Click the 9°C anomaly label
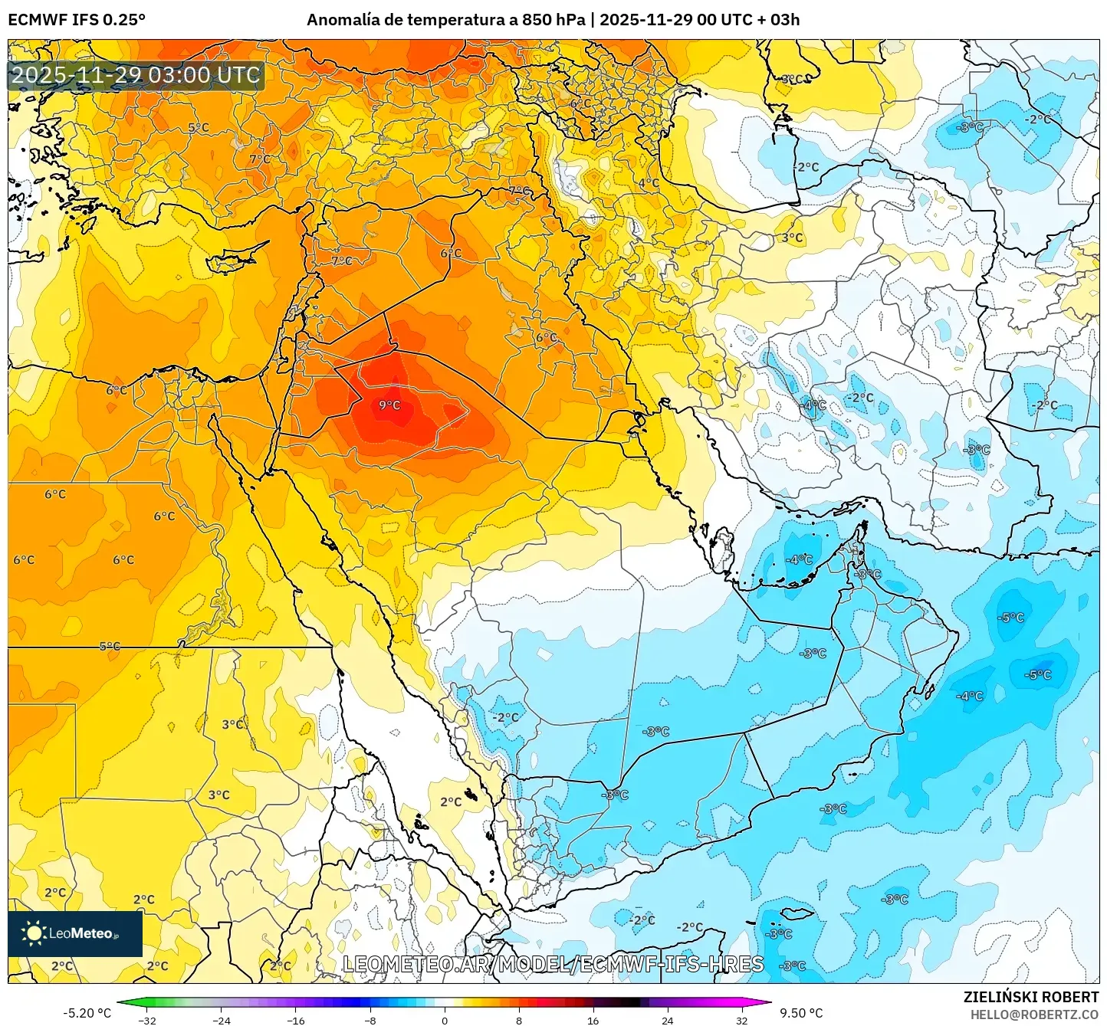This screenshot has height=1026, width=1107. (389, 405)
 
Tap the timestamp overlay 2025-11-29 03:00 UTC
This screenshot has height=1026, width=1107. (136, 75)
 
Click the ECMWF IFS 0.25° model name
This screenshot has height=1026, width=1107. (77, 20)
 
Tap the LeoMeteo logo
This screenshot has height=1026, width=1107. (75, 933)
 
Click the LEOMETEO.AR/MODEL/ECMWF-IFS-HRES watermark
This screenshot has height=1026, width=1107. (553, 964)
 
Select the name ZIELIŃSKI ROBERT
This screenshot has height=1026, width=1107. (1031, 997)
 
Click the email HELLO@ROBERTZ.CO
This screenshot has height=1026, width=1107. (1034, 1015)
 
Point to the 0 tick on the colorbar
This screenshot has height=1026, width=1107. (445, 1020)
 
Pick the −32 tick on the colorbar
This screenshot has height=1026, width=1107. (147, 1020)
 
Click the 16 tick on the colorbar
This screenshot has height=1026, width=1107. (593, 1020)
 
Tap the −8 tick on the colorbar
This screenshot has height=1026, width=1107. (370, 1020)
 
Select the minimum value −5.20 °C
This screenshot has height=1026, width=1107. (87, 1013)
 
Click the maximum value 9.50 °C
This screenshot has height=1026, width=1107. (800, 1013)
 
